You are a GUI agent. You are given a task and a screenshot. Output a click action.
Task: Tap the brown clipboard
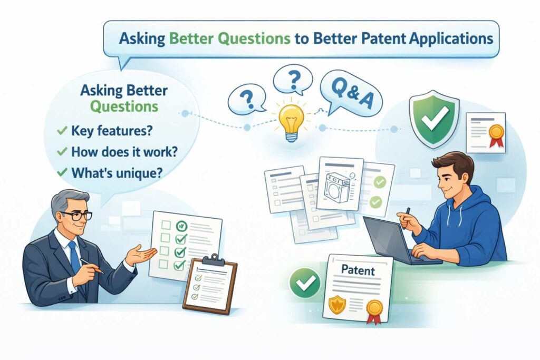[x=210, y=285]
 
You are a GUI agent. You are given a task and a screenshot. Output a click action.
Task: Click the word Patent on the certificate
[x=358, y=271]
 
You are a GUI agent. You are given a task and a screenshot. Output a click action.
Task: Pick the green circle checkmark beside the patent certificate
[x=304, y=283]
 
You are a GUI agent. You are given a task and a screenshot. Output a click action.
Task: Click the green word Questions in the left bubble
[x=123, y=106]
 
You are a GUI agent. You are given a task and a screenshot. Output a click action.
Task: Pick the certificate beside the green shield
[x=486, y=132]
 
